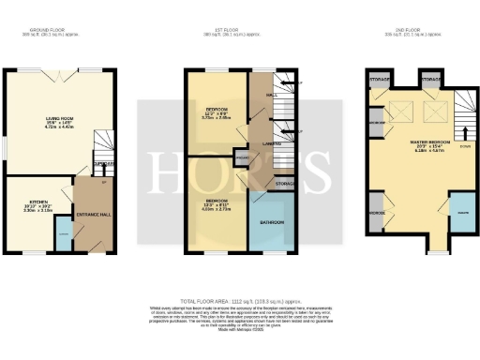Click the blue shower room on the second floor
coord(461,214)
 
